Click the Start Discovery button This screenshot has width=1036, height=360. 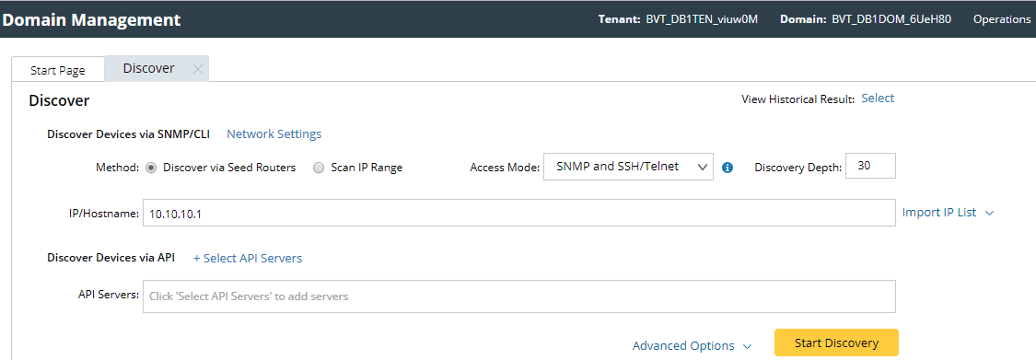point(836,343)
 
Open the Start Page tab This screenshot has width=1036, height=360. point(58,70)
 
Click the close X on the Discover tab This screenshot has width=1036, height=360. point(198,69)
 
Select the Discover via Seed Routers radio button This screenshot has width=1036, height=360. point(151,168)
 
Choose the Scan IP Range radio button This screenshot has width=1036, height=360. point(319,168)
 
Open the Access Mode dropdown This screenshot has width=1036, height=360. point(628,167)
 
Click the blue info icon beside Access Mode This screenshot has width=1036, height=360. point(728,168)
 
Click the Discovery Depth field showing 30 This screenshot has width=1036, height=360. point(869,167)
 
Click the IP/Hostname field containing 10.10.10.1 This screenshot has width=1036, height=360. point(518,213)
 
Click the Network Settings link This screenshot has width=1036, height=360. point(274,134)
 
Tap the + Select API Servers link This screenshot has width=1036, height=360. point(248,258)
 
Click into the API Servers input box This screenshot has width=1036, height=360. point(518,296)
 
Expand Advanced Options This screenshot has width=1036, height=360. point(692,346)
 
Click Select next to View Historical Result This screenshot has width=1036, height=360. point(878,99)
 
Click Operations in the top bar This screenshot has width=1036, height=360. point(1002,18)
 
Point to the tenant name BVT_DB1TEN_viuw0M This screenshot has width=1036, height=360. point(702,18)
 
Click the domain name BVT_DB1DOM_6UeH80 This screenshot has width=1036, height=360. point(891,18)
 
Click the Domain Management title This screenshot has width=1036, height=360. point(91,18)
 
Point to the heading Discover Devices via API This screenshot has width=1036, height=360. point(111,258)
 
